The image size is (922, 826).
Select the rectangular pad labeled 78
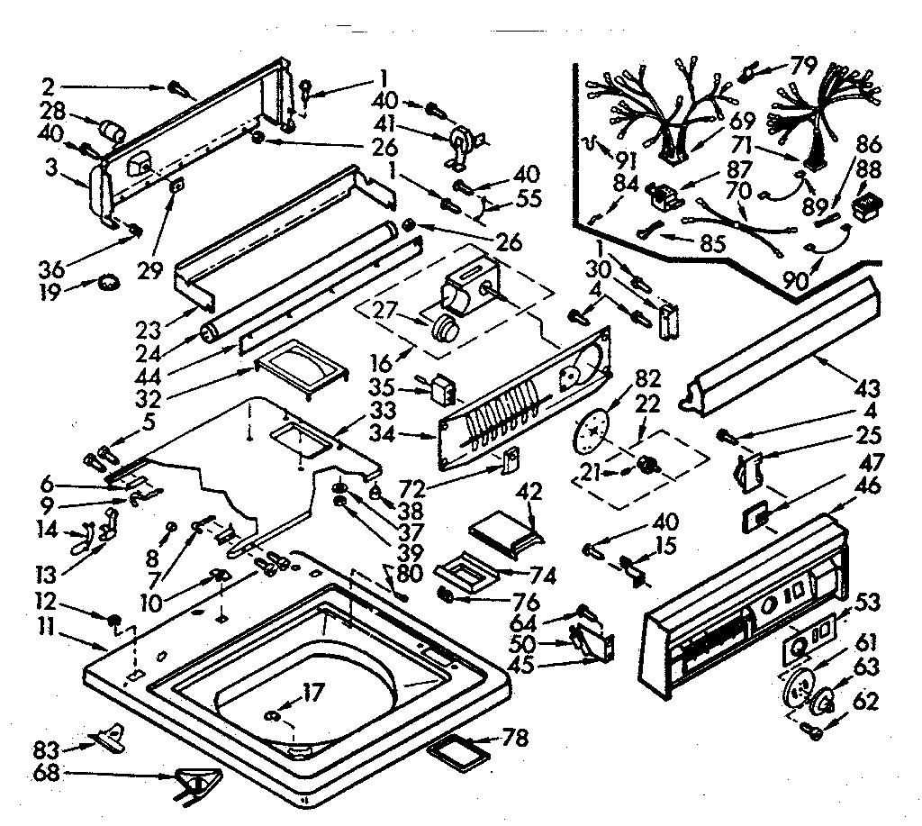pos(460,749)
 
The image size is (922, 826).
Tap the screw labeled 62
pos(817,731)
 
